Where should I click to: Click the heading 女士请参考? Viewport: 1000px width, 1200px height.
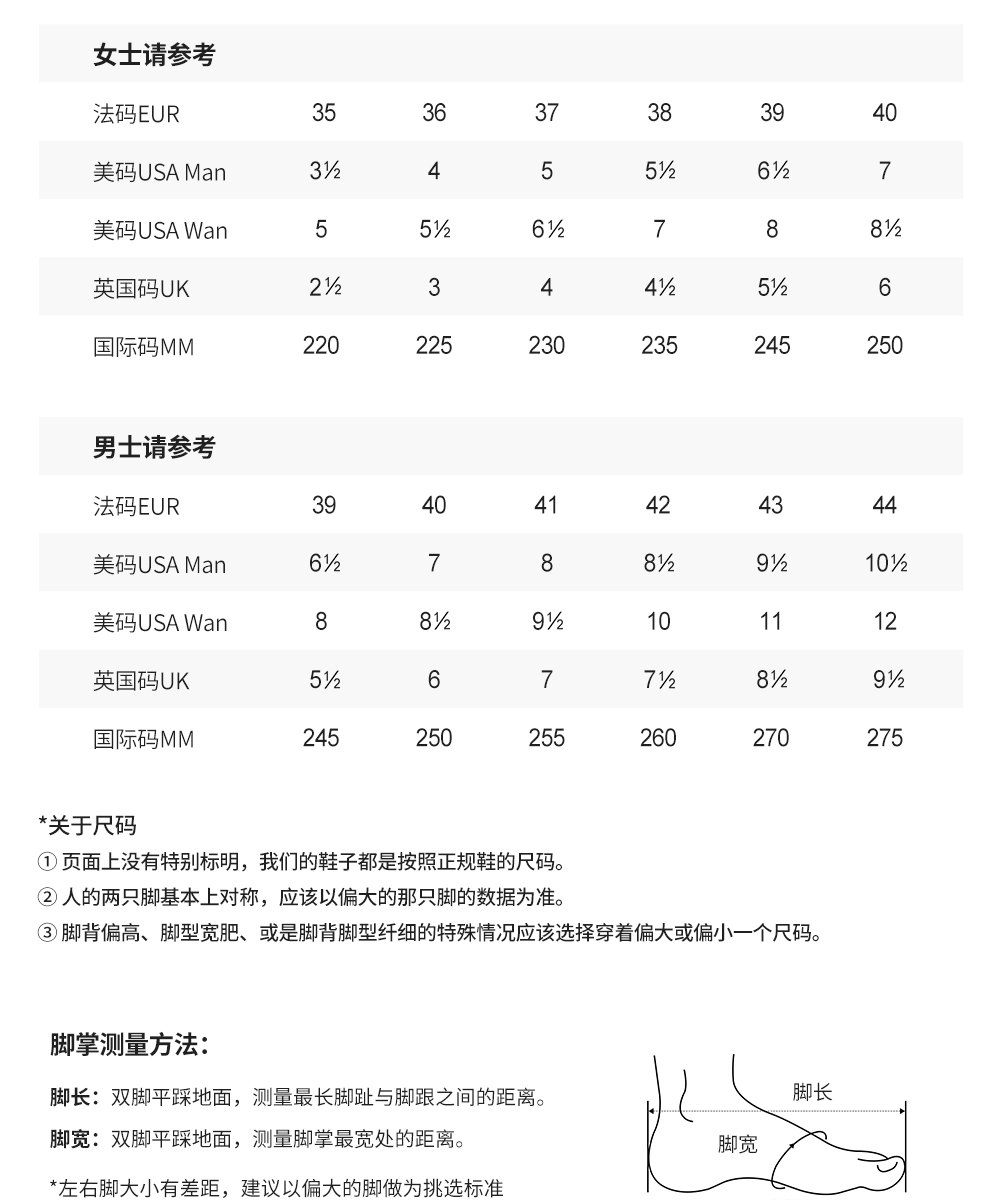point(154,55)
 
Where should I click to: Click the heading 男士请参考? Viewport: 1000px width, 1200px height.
point(154,447)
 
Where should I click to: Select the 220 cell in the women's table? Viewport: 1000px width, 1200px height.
point(321,346)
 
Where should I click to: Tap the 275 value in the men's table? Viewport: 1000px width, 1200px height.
point(885,738)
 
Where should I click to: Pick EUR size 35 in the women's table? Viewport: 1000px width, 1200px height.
point(324,113)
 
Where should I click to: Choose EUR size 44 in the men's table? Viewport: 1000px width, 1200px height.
point(885,505)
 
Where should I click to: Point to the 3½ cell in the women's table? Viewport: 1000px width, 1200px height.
point(325,171)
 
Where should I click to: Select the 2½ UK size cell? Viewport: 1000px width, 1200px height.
point(325,288)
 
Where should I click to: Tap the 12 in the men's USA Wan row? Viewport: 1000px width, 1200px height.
point(885,622)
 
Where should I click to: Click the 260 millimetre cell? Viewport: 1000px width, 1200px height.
point(658,738)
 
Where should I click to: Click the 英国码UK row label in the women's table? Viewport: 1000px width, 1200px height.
point(141,289)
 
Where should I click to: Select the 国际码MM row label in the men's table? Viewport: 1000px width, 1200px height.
point(144,739)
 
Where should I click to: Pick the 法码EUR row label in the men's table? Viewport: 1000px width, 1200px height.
point(136,506)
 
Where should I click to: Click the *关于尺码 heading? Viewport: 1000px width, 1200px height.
point(87,826)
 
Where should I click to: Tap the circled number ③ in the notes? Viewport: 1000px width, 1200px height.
point(47,934)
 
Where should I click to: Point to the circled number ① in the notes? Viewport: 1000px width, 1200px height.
point(47,862)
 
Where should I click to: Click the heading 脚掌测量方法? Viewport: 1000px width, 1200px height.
point(129,1046)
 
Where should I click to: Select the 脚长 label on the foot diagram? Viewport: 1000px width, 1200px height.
point(812,1091)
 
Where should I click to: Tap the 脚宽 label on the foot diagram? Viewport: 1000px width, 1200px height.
point(738,1144)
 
